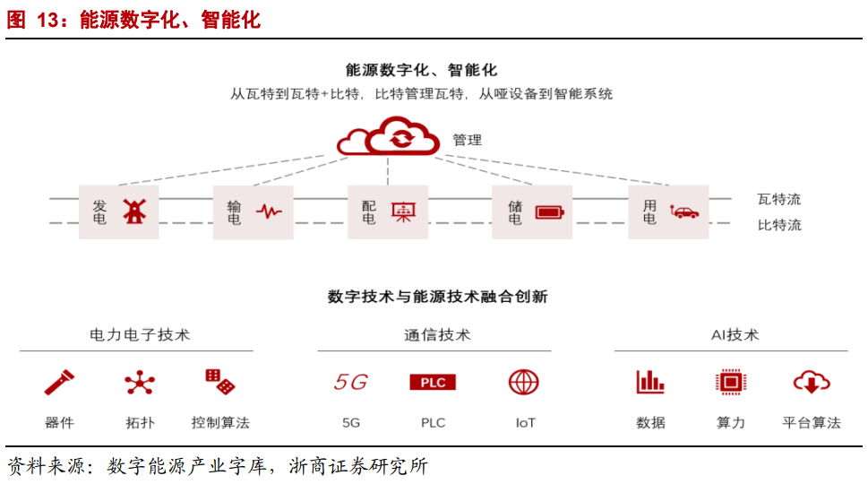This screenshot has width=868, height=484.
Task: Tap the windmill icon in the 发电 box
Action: [133, 212]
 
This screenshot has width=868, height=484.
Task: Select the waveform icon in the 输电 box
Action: [269, 212]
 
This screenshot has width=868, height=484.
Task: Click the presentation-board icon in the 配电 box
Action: [403, 212]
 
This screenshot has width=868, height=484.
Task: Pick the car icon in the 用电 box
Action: [684, 212]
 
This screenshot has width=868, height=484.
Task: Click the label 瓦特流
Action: [778, 199]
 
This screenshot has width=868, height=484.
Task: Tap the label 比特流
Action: [778, 225]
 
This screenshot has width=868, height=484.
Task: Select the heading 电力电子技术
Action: [140, 335]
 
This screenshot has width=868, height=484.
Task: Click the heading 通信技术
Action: [437, 335]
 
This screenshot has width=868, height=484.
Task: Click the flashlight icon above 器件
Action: [59, 383]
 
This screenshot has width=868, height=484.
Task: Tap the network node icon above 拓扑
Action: [140, 383]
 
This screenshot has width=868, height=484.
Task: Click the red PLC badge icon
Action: [433, 383]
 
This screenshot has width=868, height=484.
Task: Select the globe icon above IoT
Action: [524, 383]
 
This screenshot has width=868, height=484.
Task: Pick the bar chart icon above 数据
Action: [650, 383]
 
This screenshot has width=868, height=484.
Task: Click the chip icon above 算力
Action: [731, 383]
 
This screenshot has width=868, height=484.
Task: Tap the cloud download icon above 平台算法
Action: [811, 383]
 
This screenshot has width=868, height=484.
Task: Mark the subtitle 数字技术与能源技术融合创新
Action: [437, 297]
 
